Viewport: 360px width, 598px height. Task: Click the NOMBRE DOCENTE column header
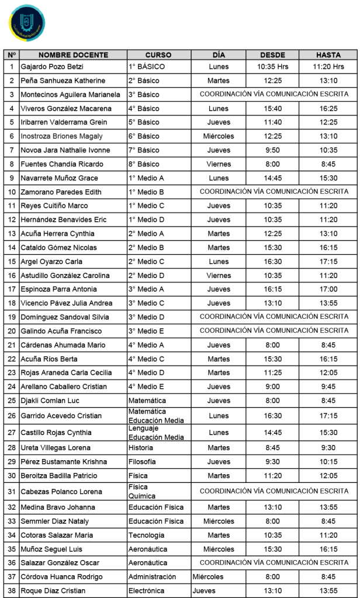click(66, 54)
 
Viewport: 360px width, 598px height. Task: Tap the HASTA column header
click(328, 54)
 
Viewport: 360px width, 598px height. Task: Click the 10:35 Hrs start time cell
click(272, 67)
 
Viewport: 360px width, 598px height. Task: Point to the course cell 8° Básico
click(144, 164)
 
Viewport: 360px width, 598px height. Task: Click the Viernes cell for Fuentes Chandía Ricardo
click(219, 164)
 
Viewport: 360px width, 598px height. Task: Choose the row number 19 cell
click(12, 317)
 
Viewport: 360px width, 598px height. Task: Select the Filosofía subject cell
click(143, 461)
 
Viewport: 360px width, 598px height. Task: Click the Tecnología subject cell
click(146, 535)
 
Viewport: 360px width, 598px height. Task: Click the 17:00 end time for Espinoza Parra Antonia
click(328, 289)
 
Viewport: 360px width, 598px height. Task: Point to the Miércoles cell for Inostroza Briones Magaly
click(219, 136)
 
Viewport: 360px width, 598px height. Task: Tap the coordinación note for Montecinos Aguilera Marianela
click(274, 94)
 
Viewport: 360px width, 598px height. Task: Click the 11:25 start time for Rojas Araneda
click(272, 373)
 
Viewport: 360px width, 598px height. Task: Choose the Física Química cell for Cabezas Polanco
click(139, 491)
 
